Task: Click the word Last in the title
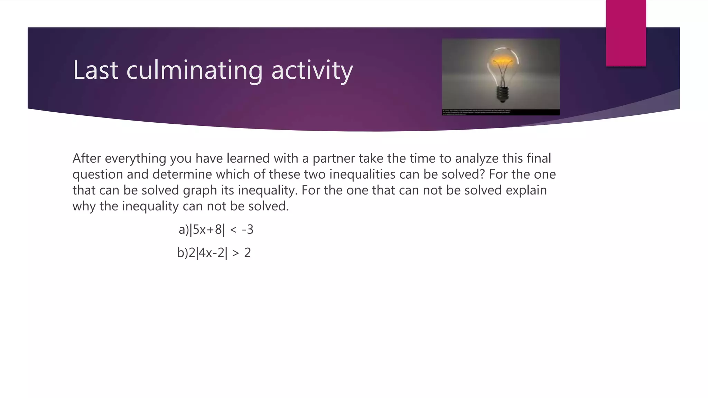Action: pyautogui.click(x=95, y=70)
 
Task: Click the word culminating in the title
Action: pyautogui.click(x=194, y=70)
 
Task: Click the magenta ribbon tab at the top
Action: pyautogui.click(x=626, y=33)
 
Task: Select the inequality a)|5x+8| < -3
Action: pyautogui.click(x=216, y=230)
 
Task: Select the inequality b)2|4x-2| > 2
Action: pyautogui.click(x=214, y=253)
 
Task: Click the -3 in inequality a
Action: pyautogui.click(x=248, y=230)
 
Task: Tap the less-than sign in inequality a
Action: pyautogui.click(x=233, y=230)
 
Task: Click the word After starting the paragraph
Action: pyautogui.click(x=86, y=158)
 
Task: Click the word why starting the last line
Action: pyautogui.click(x=84, y=206)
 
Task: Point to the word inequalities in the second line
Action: pyautogui.click(x=362, y=174)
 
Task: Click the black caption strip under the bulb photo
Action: pyautogui.click(x=501, y=112)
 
